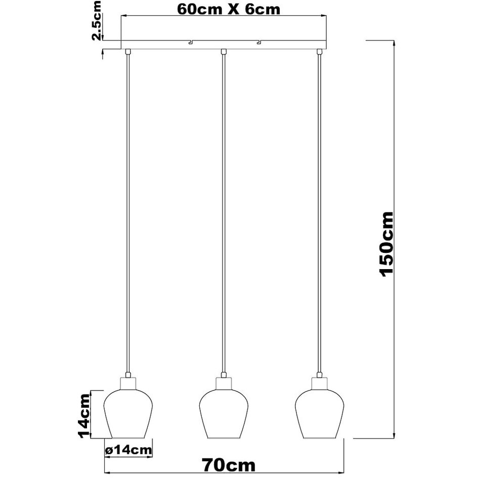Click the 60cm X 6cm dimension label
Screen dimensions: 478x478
coord(229,9)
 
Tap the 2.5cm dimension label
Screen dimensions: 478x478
coord(96,20)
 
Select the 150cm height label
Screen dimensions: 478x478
coord(386,244)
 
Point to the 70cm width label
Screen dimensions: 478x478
coord(229,465)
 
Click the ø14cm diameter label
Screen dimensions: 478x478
coord(128,450)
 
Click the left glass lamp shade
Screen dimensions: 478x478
coord(128,414)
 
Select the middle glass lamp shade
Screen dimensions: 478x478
coord(224,414)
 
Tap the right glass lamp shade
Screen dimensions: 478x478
coord(320,414)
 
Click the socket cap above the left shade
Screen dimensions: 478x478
coord(128,383)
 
